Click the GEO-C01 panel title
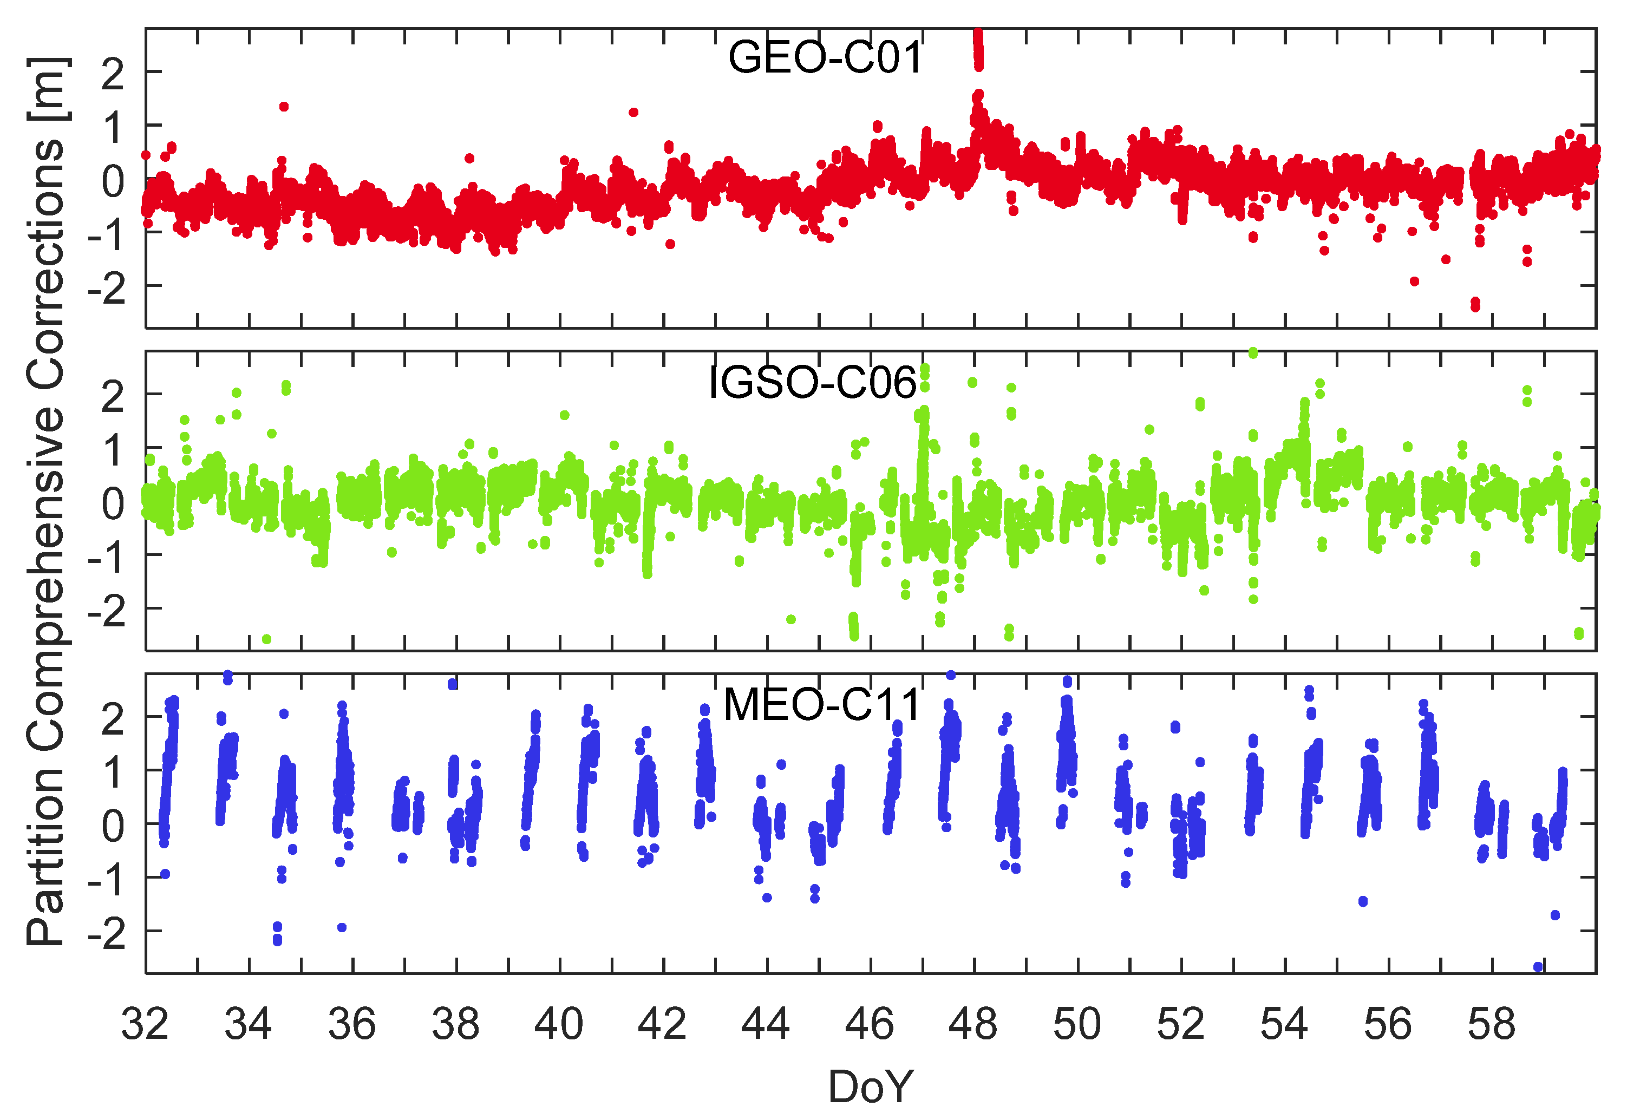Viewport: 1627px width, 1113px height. (825, 57)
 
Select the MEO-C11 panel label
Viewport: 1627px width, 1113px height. (821, 704)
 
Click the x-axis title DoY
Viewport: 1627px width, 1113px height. (870, 1086)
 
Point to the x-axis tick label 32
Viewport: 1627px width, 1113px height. (145, 1024)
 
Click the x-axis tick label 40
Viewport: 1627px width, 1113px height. (559, 1024)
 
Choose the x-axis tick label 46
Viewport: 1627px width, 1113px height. (870, 1024)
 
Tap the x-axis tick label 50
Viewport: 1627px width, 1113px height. (1077, 1024)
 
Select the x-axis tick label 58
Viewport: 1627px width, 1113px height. (1491, 1024)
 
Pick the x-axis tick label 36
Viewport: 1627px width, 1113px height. (352, 1024)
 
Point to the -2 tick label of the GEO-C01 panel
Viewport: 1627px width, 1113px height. (107, 287)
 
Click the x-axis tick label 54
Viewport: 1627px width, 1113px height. (1284, 1024)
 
